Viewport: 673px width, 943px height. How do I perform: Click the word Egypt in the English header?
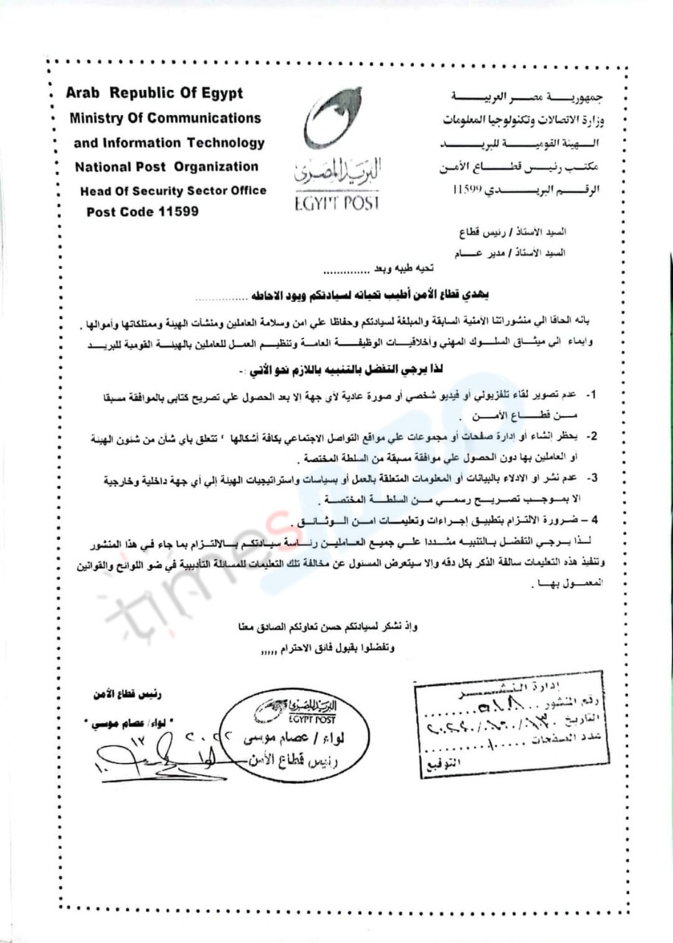click(216, 94)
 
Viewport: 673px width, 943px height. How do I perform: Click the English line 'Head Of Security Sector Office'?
click(174, 191)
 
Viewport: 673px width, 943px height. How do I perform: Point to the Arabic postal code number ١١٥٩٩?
click(469, 189)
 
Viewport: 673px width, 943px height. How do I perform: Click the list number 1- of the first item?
click(591, 396)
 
